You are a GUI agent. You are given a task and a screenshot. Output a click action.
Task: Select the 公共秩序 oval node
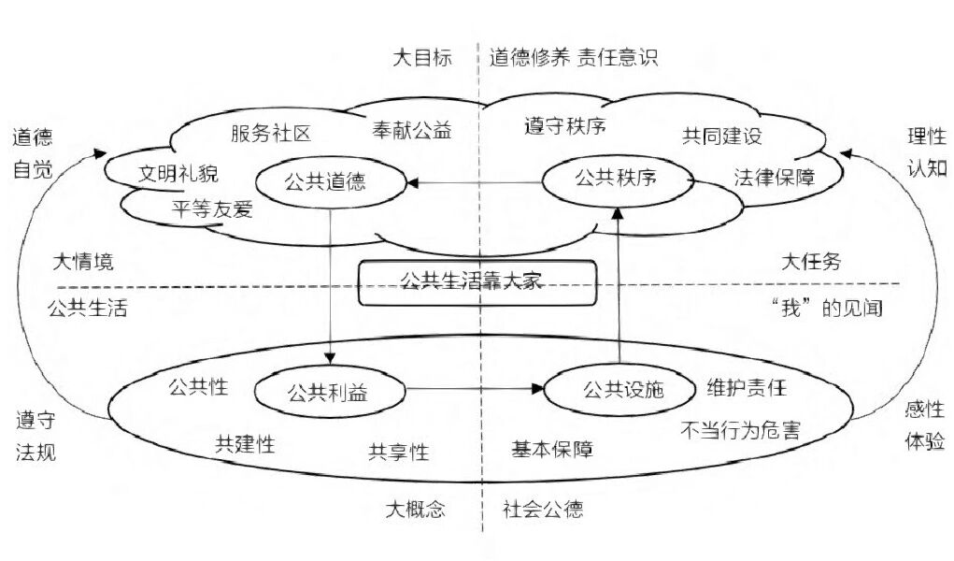(x=617, y=178)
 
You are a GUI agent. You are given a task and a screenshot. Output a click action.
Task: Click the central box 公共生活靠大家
(x=477, y=282)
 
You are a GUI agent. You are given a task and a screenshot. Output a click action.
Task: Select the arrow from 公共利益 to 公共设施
(x=475, y=389)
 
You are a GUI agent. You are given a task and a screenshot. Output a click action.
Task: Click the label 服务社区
(x=271, y=133)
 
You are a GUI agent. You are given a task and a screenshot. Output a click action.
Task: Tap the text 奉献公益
(x=411, y=130)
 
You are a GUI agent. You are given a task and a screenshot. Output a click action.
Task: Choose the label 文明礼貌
(x=178, y=173)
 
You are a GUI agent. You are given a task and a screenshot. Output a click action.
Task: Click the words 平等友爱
(x=213, y=209)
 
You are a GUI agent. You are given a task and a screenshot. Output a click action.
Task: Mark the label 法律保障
(x=774, y=178)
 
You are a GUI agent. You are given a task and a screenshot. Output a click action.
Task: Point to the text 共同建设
(x=722, y=136)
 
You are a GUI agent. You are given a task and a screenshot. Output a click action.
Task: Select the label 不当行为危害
(x=740, y=431)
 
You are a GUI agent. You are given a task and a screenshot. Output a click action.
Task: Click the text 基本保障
(x=552, y=449)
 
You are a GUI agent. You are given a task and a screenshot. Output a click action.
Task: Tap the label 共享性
(x=399, y=452)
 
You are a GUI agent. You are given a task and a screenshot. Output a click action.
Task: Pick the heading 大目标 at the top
(x=422, y=57)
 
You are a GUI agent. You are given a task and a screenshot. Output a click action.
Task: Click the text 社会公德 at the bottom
(x=543, y=510)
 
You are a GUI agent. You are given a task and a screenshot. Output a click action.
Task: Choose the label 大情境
(x=83, y=262)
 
